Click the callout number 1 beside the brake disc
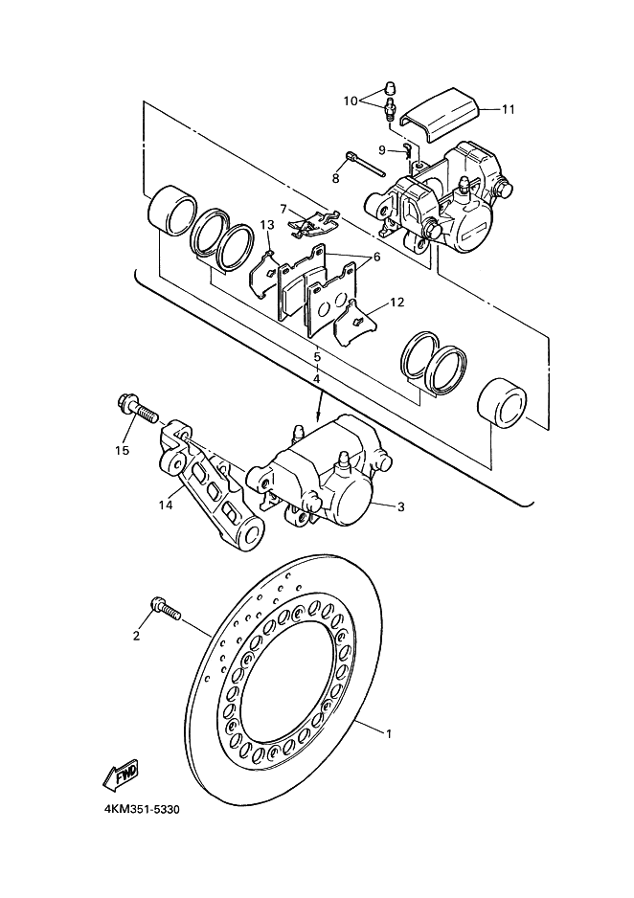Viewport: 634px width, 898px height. [x=389, y=733]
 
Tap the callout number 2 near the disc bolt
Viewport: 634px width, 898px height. [x=136, y=635]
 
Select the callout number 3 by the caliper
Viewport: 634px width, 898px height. [x=401, y=506]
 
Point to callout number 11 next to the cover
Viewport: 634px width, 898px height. [x=508, y=109]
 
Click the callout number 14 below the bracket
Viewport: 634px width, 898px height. [x=166, y=505]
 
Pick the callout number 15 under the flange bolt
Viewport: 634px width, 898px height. [x=122, y=450]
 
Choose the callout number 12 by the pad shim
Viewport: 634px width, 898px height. [x=397, y=302]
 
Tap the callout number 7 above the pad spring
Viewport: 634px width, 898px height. [x=283, y=208]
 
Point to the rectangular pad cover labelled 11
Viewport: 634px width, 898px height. [x=441, y=115]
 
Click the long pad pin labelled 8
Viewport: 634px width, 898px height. [x=366, y=164]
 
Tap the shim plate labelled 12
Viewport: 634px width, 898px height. [x=355, y=323]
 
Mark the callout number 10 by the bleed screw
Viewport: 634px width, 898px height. [x=351, y=101]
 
